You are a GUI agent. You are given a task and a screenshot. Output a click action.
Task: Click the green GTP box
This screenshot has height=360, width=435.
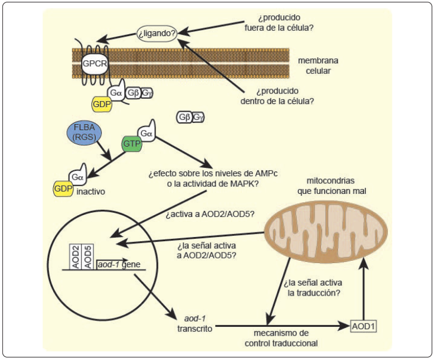132,143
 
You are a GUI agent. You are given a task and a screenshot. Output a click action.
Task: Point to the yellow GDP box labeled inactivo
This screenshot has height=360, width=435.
62,188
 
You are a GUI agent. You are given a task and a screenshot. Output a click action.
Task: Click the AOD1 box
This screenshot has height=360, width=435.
365,326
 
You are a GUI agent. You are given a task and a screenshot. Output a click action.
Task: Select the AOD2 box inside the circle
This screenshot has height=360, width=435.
76,255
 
